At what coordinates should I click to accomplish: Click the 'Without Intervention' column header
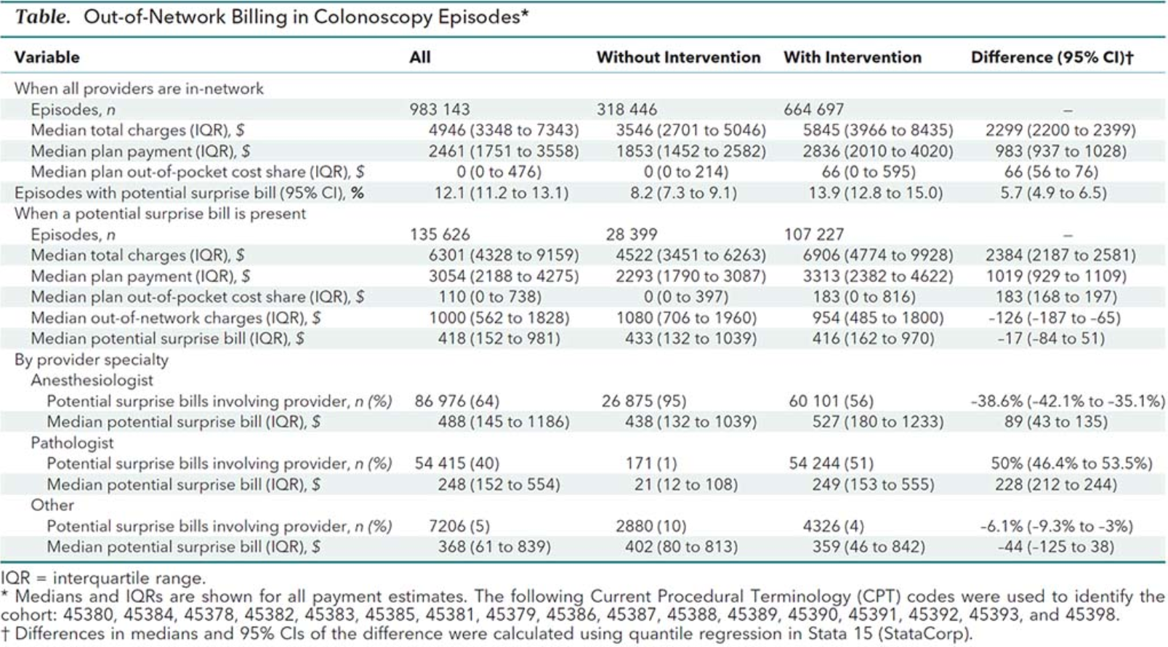[x=678, y=57]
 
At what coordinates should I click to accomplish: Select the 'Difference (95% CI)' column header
[x=1052, y=57]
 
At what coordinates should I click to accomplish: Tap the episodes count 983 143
[x=439, y=110]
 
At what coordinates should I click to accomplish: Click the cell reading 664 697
[x=813, y=110]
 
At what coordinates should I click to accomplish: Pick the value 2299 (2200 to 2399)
[x=1060, y=130]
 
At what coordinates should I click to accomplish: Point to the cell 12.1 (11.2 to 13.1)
[x=502, y=193]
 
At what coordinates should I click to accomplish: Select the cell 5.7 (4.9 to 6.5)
[x=1053, y=193]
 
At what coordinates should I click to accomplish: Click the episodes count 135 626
[x=439, y=234]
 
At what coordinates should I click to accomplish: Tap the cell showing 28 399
[x=631, y=234]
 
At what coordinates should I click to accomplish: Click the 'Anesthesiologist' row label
[x=92, y=380]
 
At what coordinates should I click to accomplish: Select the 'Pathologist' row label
[x=72, y=443]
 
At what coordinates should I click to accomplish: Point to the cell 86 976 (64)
[x=456, y=401]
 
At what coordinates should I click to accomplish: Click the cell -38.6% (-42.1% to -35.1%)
[x=1067, y=401]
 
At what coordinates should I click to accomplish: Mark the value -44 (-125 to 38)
[x=1055, y=547]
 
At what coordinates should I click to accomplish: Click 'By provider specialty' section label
[x=91, y=360]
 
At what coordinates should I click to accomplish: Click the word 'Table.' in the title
[x=43, y=17]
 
